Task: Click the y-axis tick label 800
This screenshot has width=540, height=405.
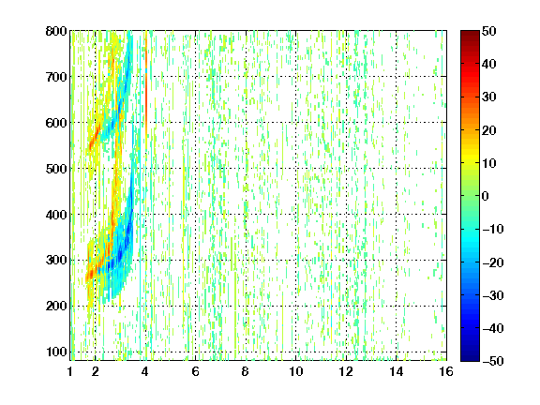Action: (56, 31)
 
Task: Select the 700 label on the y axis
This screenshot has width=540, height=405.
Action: (56, 77)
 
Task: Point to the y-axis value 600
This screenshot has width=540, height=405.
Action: (56, 123)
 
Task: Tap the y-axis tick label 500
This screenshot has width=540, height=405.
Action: (56, 169)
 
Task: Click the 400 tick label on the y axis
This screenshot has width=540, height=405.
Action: (56, 215)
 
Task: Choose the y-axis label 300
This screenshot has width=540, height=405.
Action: (56, 261)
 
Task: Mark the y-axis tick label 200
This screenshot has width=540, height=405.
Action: (56, 307)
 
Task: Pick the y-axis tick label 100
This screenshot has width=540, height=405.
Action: (56, 352)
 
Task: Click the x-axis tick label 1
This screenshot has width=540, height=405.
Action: (70, 371)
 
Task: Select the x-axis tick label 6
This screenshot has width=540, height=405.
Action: (195, 371)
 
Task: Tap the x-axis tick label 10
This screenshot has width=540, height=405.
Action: (295, 371)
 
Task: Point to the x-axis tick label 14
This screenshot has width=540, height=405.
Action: (396, 371)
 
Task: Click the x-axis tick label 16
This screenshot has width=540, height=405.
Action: (446, 371)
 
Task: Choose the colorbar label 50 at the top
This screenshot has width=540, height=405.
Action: (488, 31)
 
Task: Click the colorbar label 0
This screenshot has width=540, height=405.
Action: (486, 196)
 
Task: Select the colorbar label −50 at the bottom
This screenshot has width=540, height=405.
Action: (492, 361)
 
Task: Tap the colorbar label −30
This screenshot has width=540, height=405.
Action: (492, 295)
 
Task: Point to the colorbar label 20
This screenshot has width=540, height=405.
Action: (488, 130)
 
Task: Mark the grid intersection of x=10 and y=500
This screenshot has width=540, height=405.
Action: (296, 169)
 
